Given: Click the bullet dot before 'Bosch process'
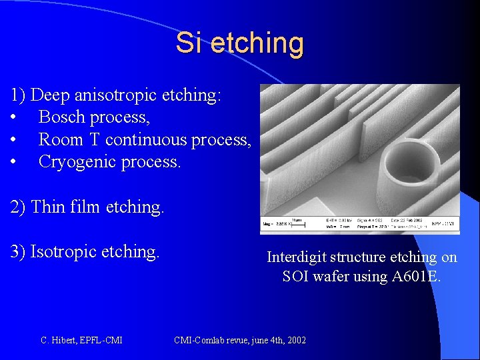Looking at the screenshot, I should pyautogui.click(x=14, y=118).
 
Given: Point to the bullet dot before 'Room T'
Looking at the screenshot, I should pyautogui.click(x=14, y=141).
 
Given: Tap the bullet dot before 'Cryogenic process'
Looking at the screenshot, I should pyautogui.click(x=14, y=163).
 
